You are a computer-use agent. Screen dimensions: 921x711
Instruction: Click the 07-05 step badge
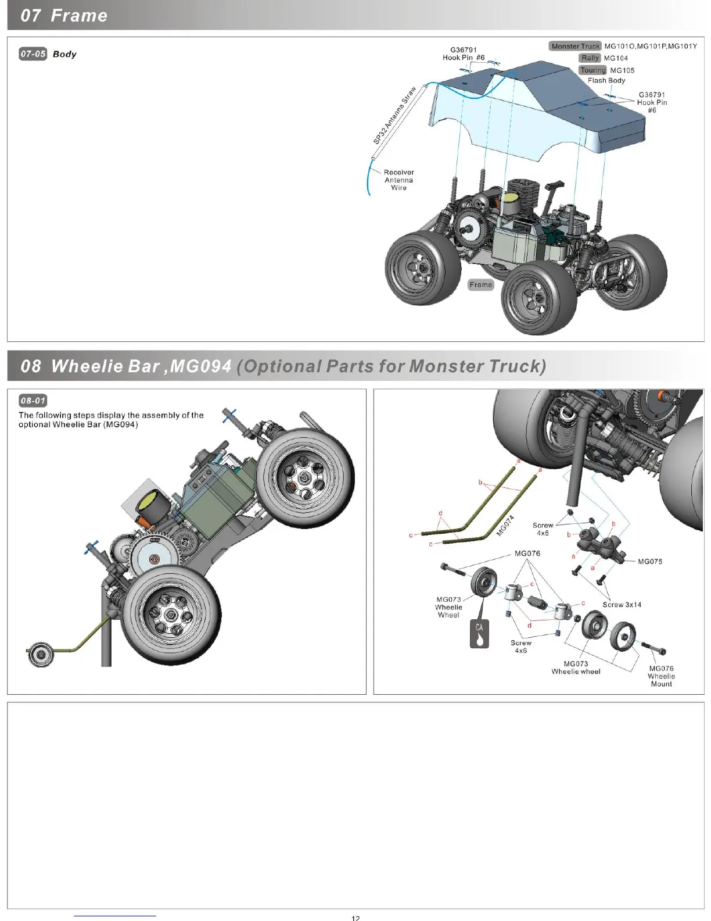click(33, 54)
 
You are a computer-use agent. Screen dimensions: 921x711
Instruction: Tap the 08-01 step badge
click(33, 401)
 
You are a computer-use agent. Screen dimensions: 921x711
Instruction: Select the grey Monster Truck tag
click(574, 46)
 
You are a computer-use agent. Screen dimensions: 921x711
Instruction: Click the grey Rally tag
click(590, 58)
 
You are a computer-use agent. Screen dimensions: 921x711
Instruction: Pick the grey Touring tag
click(592, 70)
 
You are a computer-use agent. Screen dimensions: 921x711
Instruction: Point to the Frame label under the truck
click(480, 285)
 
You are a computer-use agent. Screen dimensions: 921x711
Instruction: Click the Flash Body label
click(606, 81)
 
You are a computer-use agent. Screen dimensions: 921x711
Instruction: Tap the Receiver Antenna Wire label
click(398, 180)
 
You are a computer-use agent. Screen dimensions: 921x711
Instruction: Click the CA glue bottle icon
click(479, 633)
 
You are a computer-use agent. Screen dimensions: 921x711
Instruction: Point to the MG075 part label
click(650, 562)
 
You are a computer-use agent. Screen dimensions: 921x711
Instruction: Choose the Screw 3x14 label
click(622, 605)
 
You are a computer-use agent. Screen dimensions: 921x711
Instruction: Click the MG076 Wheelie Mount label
click(661, 676)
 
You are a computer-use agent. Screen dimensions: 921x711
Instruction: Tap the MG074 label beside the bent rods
click(505, 526)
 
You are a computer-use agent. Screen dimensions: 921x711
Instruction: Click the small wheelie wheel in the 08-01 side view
click(41, 655)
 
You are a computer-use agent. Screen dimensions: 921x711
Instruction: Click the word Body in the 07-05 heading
click(64, 54)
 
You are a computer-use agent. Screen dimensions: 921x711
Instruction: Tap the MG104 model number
click(616, 58)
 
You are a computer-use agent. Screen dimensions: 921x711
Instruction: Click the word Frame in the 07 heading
click(79, 16)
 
